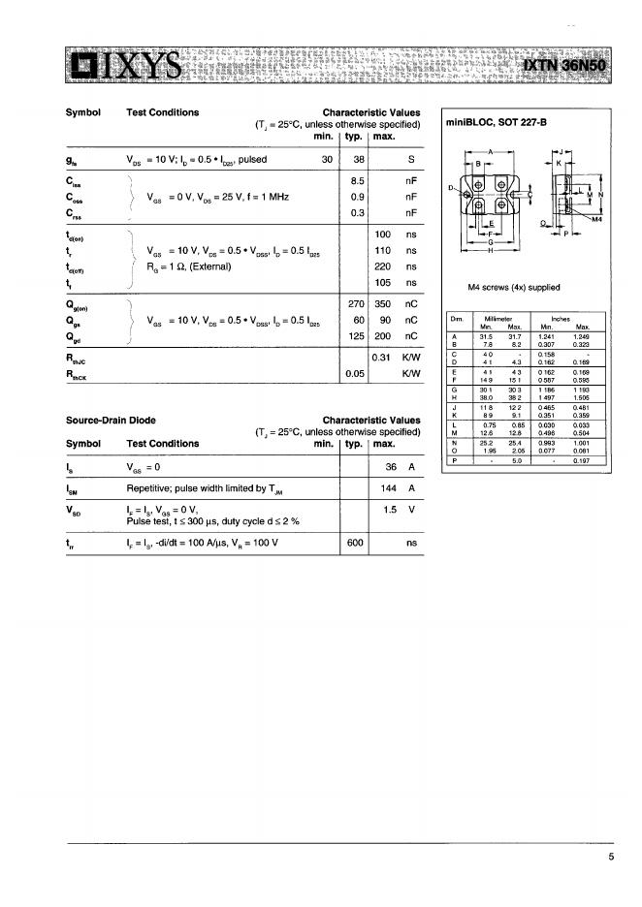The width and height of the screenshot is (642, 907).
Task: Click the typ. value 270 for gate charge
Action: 355,303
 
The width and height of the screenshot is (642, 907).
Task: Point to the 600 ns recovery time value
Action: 355,544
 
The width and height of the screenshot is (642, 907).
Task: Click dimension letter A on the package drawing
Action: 490,153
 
